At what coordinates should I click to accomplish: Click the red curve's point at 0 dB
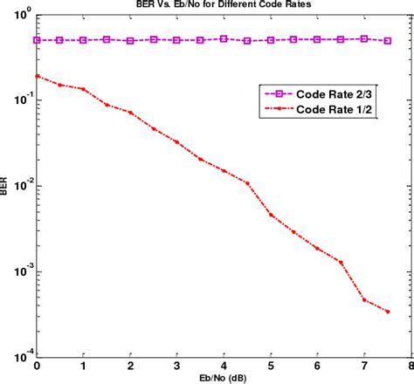pyautogui.click(x=37, y=76)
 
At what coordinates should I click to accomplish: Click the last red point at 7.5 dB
pyautogui.click(x=388, y=312)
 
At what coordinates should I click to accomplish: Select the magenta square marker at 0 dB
pyautogui.click(x=37, y=40)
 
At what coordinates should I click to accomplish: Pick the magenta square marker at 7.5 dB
pyautogui.click(x=388, y=40)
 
